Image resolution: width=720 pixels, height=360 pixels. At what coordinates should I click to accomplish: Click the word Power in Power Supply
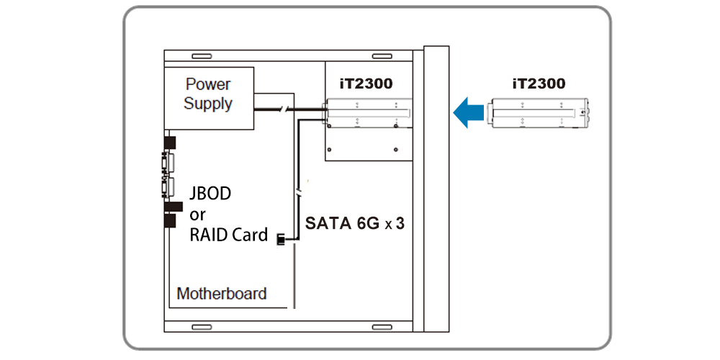coord(208,84)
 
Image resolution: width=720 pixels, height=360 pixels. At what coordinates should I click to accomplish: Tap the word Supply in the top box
coord(208,103)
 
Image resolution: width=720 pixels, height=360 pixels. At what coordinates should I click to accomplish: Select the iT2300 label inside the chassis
coord(366,84)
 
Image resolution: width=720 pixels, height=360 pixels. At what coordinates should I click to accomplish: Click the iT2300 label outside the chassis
coord(539,84)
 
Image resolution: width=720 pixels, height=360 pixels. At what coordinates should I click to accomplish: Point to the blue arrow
coord(469,112)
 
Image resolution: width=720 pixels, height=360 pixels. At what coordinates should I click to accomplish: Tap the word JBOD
coord(210,194)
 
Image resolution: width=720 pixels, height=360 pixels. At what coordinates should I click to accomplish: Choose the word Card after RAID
coord(249,235)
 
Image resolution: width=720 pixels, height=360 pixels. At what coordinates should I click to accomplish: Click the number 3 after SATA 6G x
coord(400,224)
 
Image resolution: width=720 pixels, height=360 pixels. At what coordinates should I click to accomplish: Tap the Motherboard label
coord(222,294)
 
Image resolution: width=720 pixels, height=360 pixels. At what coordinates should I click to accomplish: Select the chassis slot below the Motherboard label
coord(201,327)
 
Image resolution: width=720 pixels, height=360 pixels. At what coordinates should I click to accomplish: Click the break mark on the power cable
coord(286,109)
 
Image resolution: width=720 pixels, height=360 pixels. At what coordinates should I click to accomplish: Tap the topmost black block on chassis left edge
coord(169,141)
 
